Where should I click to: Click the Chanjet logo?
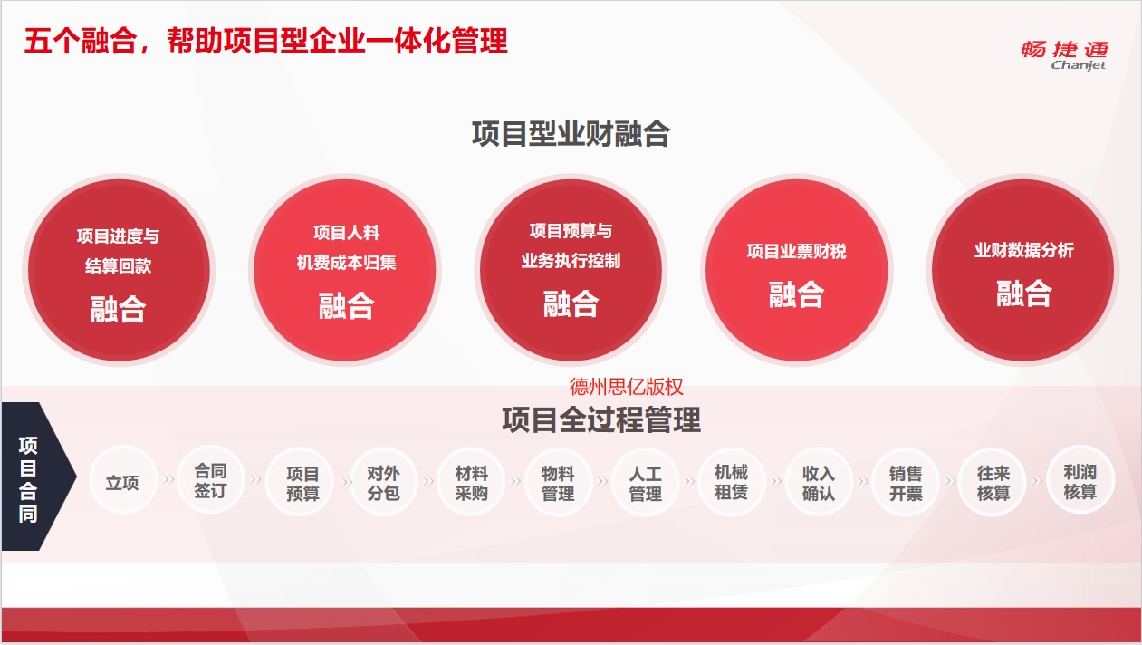pos(1064,55)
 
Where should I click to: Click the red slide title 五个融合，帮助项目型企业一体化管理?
pos(265,41)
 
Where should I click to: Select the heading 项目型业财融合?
pos(571,133)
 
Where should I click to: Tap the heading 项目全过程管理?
pos(601,419)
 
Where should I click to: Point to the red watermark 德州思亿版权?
pos(626,387)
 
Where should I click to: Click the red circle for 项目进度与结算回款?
pos(119,270)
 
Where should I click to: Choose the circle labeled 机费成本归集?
pos(345,270)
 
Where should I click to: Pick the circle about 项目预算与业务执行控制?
pos(571,270)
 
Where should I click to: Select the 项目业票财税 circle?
pos(797,270)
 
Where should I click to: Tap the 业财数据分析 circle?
pos(1022,270)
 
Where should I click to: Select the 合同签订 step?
pos(210,480)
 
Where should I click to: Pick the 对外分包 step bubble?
pos(384,481)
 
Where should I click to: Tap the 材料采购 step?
pos(471,481)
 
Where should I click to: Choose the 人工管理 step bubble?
pos(645,481)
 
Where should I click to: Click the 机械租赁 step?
pos(732,480)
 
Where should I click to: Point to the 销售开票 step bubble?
pos(906,481)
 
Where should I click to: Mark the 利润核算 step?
pos(1080,480)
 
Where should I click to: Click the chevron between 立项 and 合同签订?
pos(168,479)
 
